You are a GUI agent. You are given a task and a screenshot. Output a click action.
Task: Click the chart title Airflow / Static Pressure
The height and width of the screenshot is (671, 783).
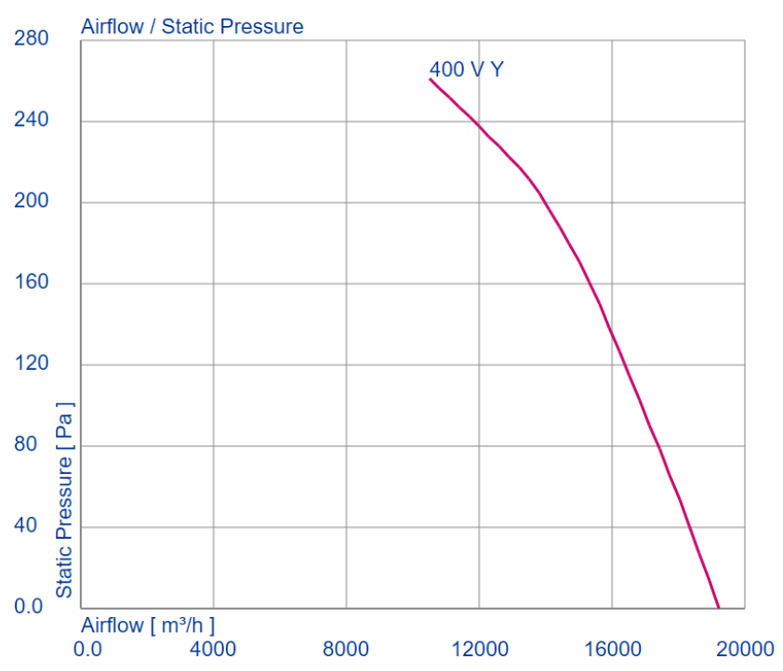pyautogui.click(x=192, y=26)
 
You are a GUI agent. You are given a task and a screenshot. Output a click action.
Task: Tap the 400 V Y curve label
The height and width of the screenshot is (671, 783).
pyautogui.click(x=466, y=69)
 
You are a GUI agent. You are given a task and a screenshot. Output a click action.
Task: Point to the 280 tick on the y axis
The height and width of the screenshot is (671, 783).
pyautogui.click(x=32, y=39)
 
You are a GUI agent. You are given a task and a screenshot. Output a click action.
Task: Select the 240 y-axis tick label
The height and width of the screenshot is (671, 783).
pyautogui.click(x=32, y=121)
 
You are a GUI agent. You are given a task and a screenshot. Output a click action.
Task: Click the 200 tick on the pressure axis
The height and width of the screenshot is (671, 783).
pyautogui.click(x=32, y=202)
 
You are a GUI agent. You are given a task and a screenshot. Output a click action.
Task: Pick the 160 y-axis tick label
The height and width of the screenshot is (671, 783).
pyautogui.click(x=32, y=283)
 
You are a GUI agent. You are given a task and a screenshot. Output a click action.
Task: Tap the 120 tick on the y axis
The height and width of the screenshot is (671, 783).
pyautogui.click(x=32, y=363)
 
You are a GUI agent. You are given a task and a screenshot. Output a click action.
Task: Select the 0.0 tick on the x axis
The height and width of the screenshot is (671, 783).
pyautogui.click(x=88, y=648)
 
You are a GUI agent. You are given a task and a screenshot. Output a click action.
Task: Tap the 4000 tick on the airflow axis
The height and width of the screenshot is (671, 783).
pyautogui.click(x=213, y=648)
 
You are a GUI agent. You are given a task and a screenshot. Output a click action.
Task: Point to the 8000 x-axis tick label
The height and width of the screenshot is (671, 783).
pyautogui.click(x=346, y=648)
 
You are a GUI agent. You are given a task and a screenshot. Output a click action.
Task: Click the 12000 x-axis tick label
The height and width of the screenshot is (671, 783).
pyautogui.click(x=478, y=648)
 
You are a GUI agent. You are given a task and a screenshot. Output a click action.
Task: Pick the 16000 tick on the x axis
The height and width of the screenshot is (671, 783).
pyautogui.click(x=611, y=648)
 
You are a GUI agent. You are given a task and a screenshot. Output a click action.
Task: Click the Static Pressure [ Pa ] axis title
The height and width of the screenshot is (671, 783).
pyautogui.click(x=64, y=499)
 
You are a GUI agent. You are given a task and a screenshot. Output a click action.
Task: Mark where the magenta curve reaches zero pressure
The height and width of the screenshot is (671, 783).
pyautogui.click(x=718, y=608)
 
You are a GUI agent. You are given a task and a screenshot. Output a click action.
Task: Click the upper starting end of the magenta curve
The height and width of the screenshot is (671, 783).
pyautogui.click(x=431, y=79)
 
